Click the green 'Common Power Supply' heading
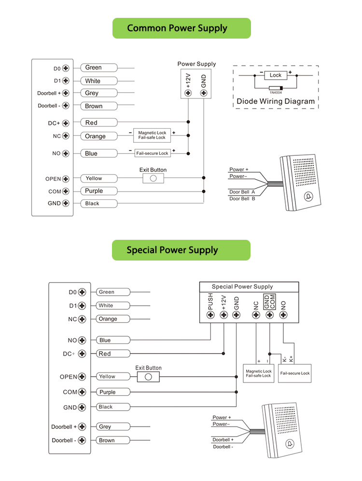click(x=181, y=28)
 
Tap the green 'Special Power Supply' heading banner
click(x=181, y=250)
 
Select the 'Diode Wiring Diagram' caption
click(x=276, y=101)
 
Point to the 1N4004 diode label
click(x=276, y=93)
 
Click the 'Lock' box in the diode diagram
click(x=276, y=75)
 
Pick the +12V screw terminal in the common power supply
click(x=188, y=92)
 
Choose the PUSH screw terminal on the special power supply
click(x=210, y=315)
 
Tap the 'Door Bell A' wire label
click(x=242, y=192)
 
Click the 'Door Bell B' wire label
click(x=242, y=198)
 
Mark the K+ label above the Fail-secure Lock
click(x=291, y=359)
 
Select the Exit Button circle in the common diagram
click(x=153, y=179)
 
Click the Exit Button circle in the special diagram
click(x=149, y=377)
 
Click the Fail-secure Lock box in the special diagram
click(x=295, y=373)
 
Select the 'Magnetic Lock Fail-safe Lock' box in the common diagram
click(x=152, y=135)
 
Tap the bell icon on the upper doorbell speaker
click(x=308, y=196)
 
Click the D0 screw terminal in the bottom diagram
click(x=82, y=292)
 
